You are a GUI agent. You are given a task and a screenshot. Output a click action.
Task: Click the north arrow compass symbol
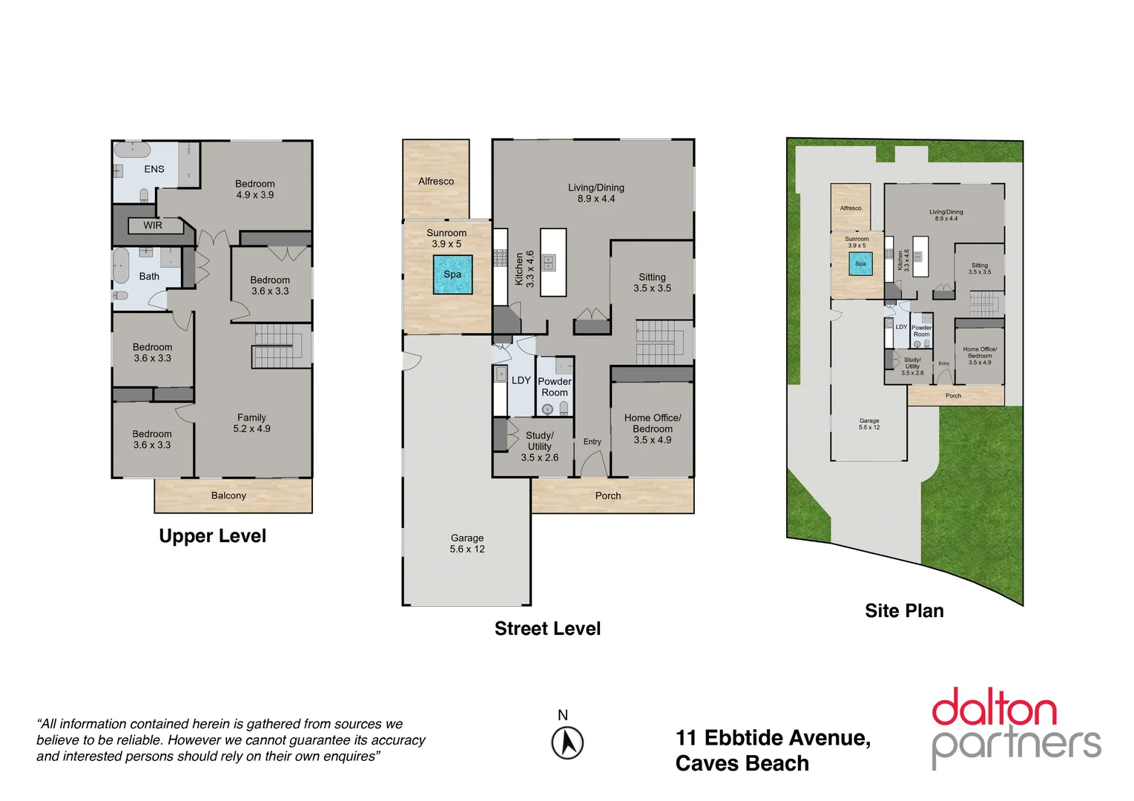click(x=567, y=742)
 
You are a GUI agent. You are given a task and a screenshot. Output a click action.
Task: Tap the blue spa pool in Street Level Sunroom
click(x=452, y=274)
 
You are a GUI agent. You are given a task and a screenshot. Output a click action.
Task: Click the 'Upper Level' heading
click(x=212, y=536)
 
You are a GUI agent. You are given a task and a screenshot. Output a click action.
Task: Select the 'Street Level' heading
click(x=547, y=629)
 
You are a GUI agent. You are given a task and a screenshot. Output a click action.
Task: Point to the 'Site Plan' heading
click(x=904, y=611)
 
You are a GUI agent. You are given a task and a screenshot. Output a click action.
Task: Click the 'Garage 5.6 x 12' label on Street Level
click(x=467, y=544)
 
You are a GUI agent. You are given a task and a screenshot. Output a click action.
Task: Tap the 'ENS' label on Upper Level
click(x=154, y=169)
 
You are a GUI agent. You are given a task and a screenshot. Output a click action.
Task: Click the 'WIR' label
click(x=153, y=225)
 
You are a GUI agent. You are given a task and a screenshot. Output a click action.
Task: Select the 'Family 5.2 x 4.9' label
click(x=251, y=423)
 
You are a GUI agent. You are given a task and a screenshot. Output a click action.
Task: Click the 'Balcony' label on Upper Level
click(x=228, y=495)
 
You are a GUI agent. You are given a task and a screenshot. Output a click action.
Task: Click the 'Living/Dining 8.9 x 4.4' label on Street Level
click(x=596, y=193)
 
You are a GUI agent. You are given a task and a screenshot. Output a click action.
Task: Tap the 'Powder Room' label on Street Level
click(x=555, y=387)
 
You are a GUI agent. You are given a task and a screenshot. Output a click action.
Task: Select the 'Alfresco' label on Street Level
click(x=436, y=181)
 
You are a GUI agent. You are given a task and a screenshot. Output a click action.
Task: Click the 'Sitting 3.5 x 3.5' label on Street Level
click(x=652, y=283)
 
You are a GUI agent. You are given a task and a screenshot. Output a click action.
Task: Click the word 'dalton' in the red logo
click(x=994, y=708)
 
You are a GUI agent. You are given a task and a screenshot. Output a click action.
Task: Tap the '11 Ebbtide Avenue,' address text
click(x=773, y=738)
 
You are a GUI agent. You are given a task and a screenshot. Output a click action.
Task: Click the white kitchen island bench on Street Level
click(x=553, y=263)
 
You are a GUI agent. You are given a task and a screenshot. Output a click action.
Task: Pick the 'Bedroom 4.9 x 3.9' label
click(x=255, y=189)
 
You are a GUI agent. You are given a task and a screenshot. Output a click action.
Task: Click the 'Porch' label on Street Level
click(x=608, y=495)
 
